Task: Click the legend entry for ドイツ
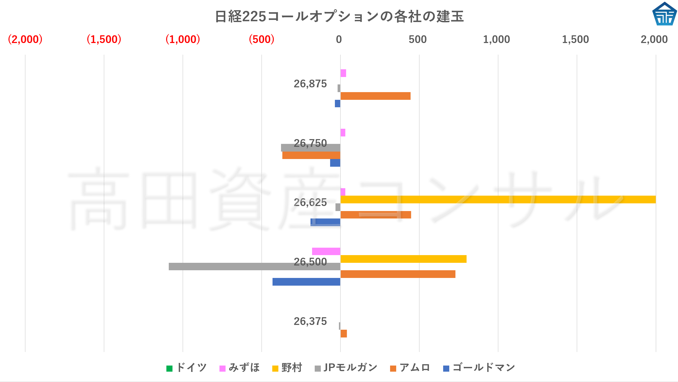click(x=187, y=368)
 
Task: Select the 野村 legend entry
click(x=287, y=368)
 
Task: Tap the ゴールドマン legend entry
click(x=479, y=368)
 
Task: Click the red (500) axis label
click(x=261, y=39)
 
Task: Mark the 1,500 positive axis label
click(x=575, y=39)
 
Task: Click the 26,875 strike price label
click(x=310, y=84)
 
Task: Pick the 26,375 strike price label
click(x=310, y=321)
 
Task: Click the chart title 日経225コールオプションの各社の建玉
click(x=339, y=16)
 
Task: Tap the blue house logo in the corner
click(x=664, y=14)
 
